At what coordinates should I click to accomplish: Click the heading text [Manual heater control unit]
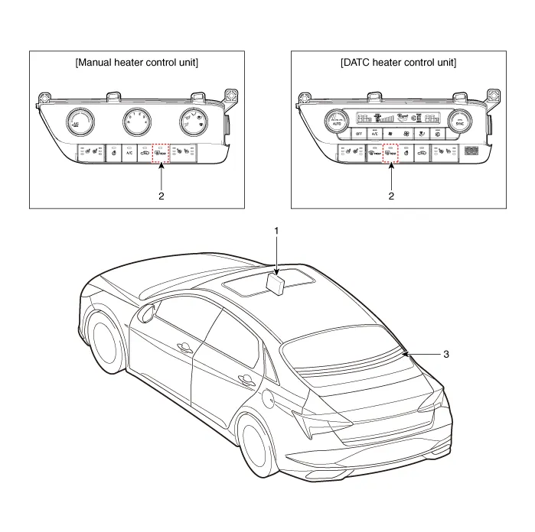137,63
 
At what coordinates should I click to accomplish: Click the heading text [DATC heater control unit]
398,63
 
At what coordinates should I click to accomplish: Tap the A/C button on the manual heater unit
129,153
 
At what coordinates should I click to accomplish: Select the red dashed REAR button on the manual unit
161,153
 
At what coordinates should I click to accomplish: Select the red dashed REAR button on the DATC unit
391,153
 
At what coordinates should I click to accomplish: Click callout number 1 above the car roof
277,229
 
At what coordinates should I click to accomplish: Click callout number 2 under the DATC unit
392,196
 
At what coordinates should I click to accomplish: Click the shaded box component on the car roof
275,284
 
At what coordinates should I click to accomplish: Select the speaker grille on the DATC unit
471,152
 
